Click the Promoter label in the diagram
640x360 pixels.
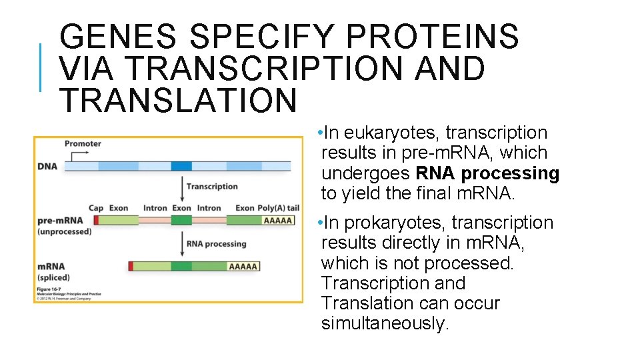click(x=83, y=143)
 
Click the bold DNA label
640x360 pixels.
click(x=47, y=166)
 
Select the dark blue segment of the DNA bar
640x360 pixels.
click(x=181, y=166)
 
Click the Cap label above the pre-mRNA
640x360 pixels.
click(x=97, y=208)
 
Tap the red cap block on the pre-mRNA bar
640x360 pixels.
click(x=96, y=220)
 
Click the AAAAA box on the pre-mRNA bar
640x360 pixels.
click(x=278, y=220)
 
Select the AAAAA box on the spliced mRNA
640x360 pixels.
click(x=243, y=267)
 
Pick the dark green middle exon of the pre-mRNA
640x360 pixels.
click(x=181, y=220)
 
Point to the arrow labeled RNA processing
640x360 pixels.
click(x=182, y=244)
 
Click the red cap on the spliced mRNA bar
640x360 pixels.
click(x=131, y=267)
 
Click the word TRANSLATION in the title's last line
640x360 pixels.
click(x=178, y=100)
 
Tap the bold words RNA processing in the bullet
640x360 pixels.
click(x=487, y=173)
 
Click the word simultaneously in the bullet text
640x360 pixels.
click(x=385, y=323)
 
